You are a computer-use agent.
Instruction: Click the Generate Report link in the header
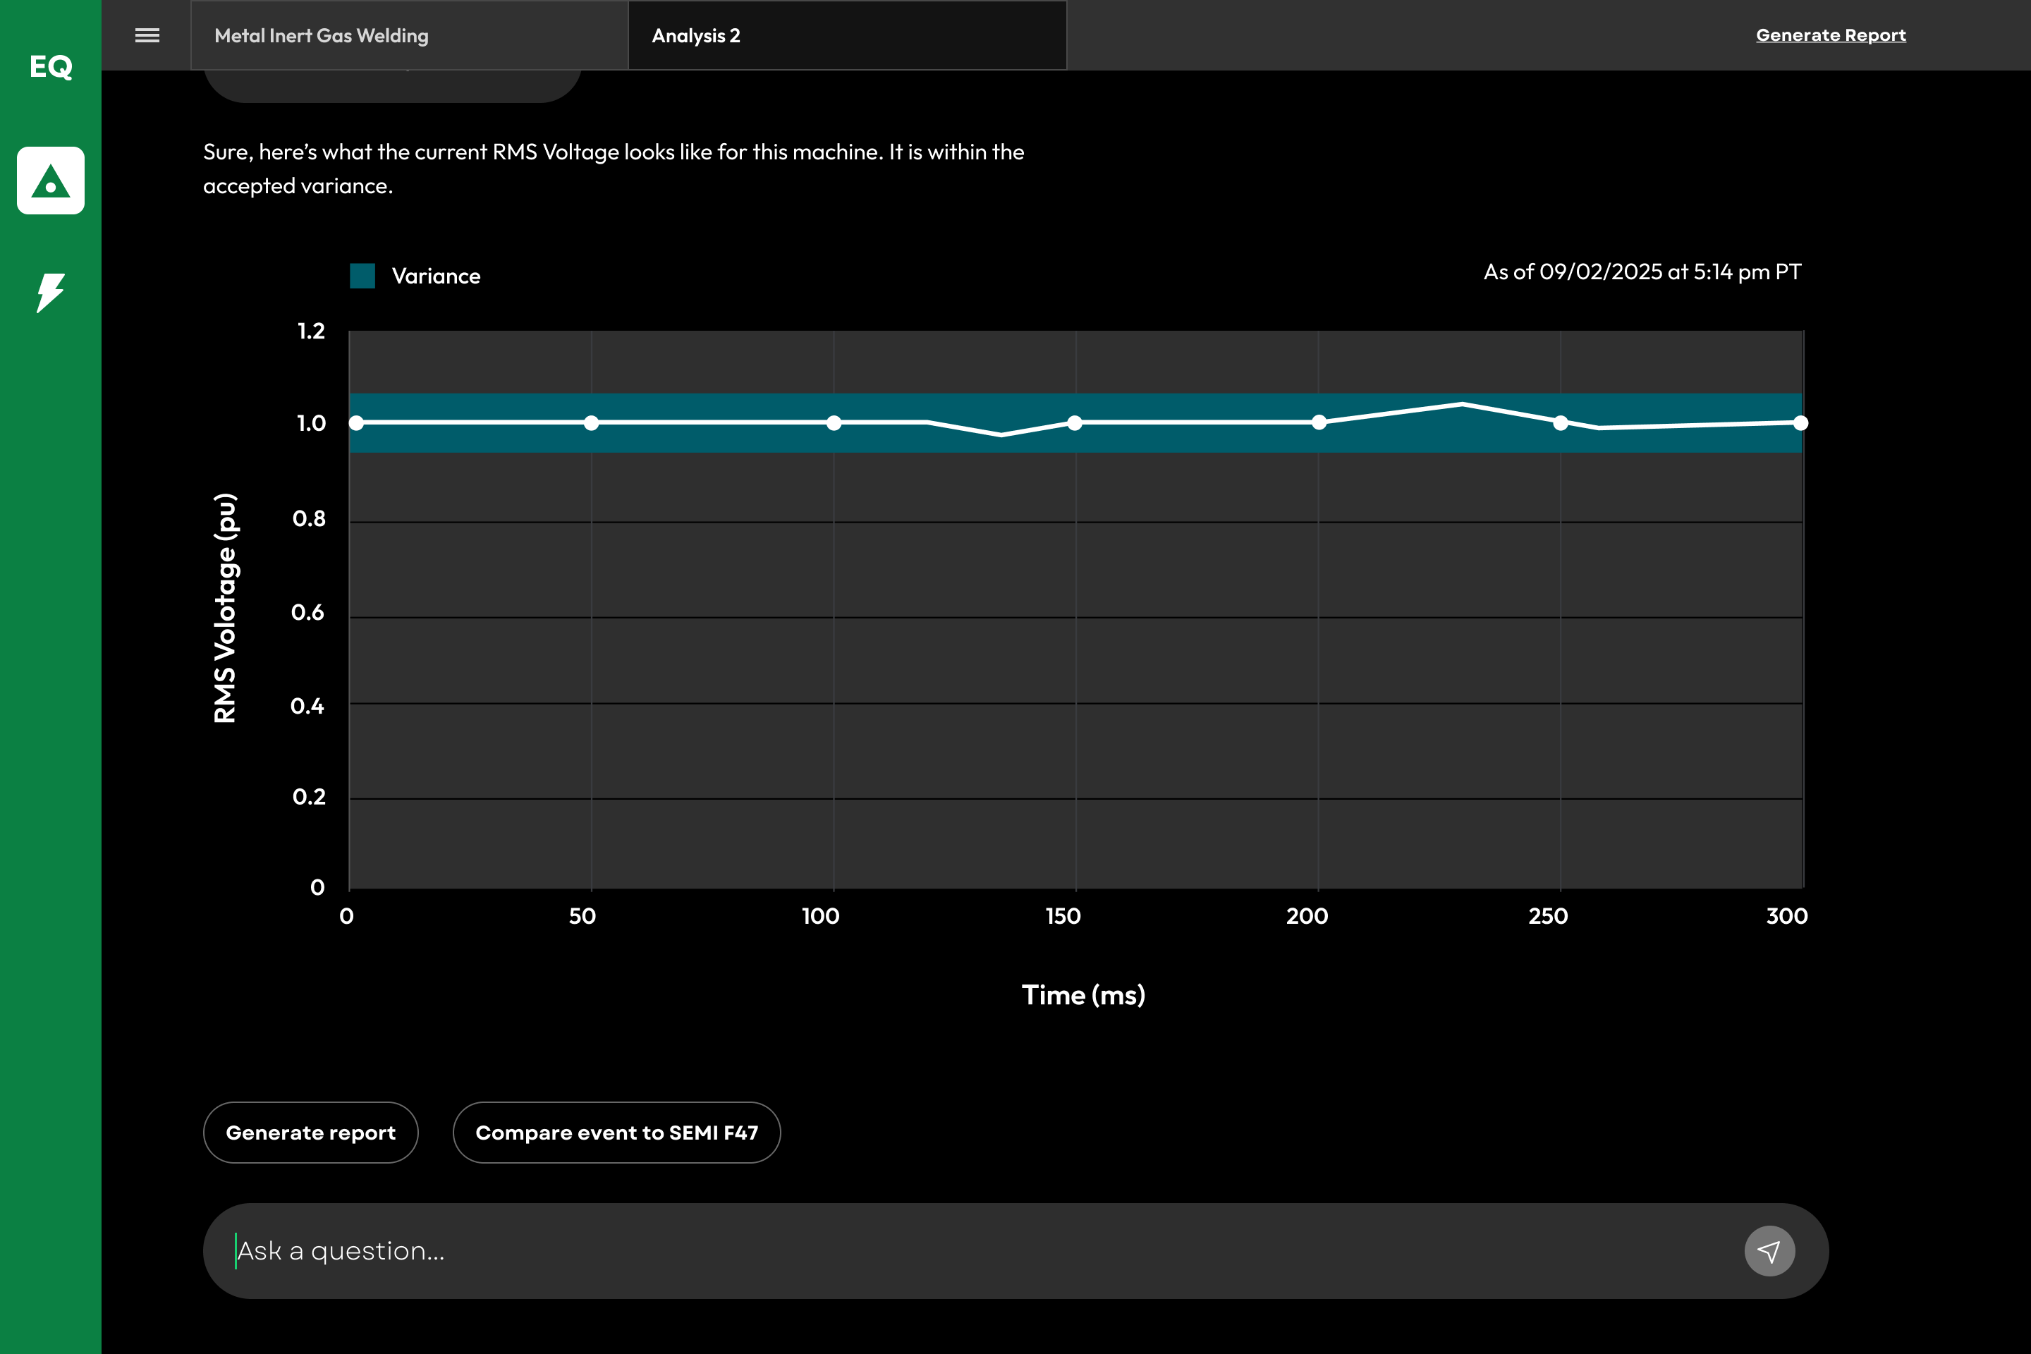coord(1831,35)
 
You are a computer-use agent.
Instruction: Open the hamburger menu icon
coord(147,35)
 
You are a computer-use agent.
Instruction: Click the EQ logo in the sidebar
coord(51,66)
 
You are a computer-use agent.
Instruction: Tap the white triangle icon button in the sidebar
coord(51,181)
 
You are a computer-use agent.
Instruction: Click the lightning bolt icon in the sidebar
coord(51,293)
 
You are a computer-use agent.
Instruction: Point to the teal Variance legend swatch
coord(362,276)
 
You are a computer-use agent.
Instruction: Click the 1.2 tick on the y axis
coord(312,331)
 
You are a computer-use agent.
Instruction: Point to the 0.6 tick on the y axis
coord(308,613)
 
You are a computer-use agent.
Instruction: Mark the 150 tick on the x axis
coord(1063,916)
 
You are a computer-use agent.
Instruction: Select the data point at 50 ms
coord(592,423)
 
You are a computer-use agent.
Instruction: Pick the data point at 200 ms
coord(1319,422)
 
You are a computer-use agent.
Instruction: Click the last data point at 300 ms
coord(1800,423)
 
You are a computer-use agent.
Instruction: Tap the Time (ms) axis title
coord(1084,996)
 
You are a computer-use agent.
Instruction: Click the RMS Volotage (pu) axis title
coord(224,608)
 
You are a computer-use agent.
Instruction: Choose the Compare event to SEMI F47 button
coord(616,1133)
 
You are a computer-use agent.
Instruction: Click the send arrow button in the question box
coord(1769,1251)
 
